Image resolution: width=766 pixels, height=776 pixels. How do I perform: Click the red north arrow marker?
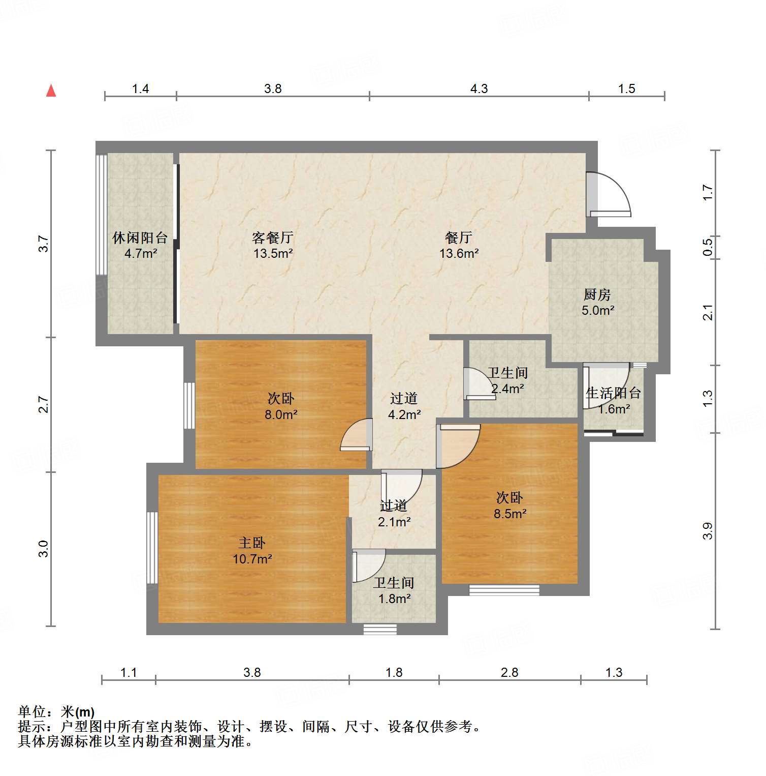pyautogui.click(x=51, y=91)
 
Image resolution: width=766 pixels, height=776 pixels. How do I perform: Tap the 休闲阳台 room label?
pyautogui.click(x=140, y=237)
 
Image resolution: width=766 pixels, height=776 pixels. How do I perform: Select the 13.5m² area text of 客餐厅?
pyautogui.click(x=273, y=253)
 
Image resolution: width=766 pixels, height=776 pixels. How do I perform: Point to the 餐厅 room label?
pyautogui.click(x=458, y=237)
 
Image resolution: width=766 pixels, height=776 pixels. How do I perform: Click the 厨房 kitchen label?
pyautogui.click(x=597, y=294)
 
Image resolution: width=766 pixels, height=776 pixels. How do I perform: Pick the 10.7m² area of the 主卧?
pyautogui.click(x=252, y=559)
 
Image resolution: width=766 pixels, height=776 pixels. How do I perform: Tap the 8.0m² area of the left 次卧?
pyautogui.click(x=280, y=414)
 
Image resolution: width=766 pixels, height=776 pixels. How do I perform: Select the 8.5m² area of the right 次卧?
pyautogui.click(x=509, y=514)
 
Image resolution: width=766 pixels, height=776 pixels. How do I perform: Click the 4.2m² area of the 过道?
pyautogui.click(x=404, y=414)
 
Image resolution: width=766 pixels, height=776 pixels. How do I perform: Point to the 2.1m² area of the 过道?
pyautogui.click(x=394, y=522)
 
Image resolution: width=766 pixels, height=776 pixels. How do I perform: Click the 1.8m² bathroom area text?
pyautogui.click(x=394, y=599)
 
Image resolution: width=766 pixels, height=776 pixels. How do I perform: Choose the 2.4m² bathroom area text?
pyautogui.click(x=507, y=389)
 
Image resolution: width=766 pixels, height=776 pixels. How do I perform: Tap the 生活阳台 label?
pyautogui.click(x=613, y=393)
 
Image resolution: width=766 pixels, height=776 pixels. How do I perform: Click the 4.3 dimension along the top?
pyautogui.click(x=478, y=89)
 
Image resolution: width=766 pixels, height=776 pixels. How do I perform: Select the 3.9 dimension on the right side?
pyautogui.click(x=708, y=531)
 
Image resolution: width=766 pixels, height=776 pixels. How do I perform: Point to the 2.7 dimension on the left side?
pyautogui.click(x=44, y=405)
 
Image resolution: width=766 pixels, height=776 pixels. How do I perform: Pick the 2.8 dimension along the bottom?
pyautogui.click(x=509, y=673)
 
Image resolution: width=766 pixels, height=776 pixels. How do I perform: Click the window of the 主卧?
pyautogui.click(x=152, y=547)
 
